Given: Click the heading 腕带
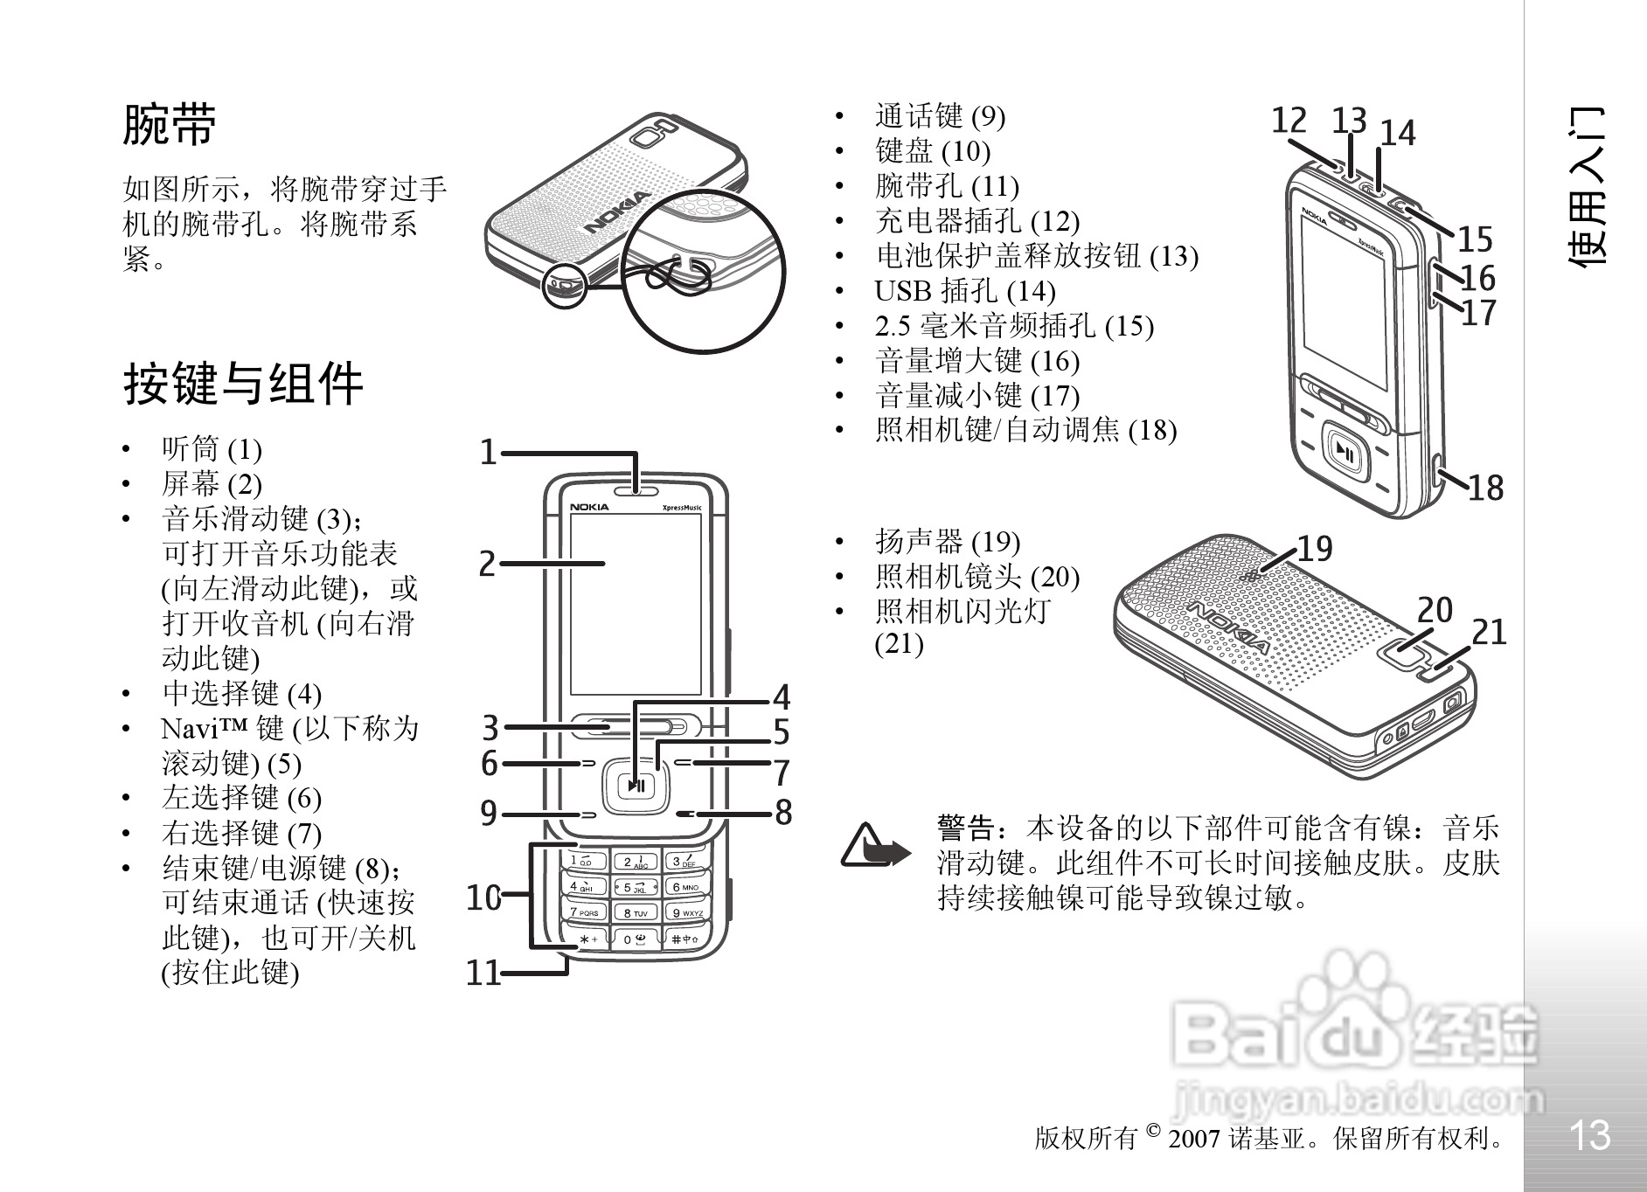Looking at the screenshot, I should click(170, 125).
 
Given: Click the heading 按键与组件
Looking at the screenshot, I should click(243, 384).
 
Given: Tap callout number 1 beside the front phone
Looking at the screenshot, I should click(489, 453).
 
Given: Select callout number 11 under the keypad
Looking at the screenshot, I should click(483, 973).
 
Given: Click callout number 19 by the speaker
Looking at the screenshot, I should click(1314, 549).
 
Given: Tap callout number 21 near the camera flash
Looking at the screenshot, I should click(1490, 633).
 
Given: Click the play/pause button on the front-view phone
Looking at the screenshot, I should click(636, 785).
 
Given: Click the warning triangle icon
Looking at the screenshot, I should click(871, 845).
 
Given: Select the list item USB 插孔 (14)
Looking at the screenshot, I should click(965, 291).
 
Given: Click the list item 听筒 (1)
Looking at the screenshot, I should click(212, 449).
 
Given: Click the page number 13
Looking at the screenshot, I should click(1588, 1135).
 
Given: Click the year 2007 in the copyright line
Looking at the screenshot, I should click(1193, 1139).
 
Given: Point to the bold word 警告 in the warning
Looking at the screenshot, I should click(966, 828).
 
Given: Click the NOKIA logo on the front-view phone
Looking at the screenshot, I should click(590, 507).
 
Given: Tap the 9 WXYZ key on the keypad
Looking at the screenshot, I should click(686, 913).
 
